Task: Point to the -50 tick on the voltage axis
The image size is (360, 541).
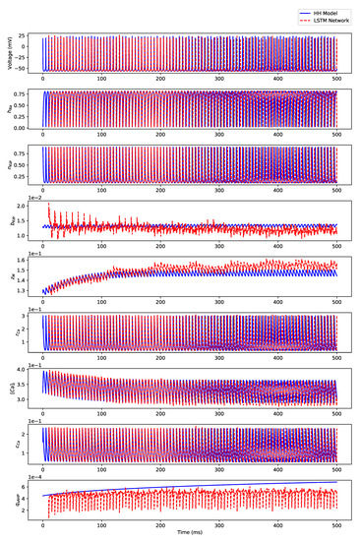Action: pyautogui.click(x=31, y=68)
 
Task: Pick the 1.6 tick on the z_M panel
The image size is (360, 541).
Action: pyautogui.click(x=31, y=263)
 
